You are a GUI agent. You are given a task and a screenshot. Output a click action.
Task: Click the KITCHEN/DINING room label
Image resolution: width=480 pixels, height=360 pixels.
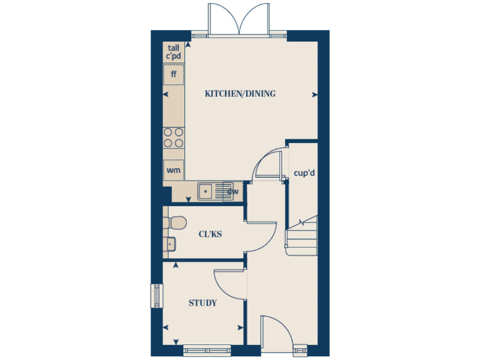[240, 94]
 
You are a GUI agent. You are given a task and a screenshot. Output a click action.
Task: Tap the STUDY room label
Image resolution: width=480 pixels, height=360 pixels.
[202, 303]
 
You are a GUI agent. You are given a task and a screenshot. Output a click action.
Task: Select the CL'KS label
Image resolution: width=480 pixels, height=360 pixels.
[211, 234]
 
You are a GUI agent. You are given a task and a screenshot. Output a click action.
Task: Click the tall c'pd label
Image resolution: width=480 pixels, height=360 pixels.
[173, 52]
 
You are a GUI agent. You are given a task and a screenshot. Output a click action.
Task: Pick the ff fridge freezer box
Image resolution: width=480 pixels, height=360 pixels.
[174, 74]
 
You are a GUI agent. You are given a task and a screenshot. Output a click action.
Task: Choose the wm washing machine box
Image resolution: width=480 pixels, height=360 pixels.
[174, 169]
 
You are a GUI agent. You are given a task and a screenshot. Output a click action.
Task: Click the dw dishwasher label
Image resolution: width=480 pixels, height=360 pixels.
[232, 191]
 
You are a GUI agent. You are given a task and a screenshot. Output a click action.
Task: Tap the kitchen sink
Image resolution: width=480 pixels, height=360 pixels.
[206, 191]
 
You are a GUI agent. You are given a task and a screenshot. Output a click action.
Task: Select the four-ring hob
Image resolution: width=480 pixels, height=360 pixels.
[174, 137]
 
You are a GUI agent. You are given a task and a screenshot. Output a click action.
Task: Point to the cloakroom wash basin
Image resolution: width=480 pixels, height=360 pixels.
[170, 244]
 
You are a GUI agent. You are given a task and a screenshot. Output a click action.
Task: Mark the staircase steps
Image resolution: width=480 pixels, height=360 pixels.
[302, 236]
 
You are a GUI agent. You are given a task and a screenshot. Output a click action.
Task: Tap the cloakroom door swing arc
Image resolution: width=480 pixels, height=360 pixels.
[264, 237]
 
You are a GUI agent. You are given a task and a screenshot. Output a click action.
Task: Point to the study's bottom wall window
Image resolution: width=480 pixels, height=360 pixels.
[206, 349]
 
